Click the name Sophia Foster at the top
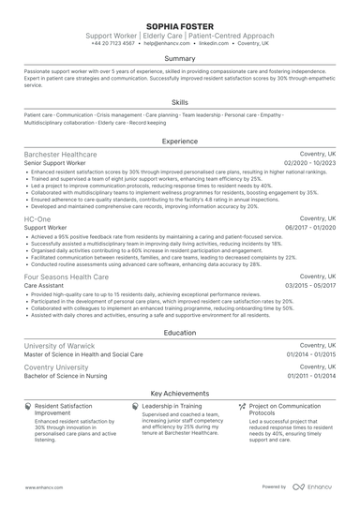click(x=180, y=24)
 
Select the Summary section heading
click(x=180, y=58)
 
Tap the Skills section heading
click(x=180, y=102)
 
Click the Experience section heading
click(x=180, y=141)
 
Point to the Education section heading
click(x=180, y=333)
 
